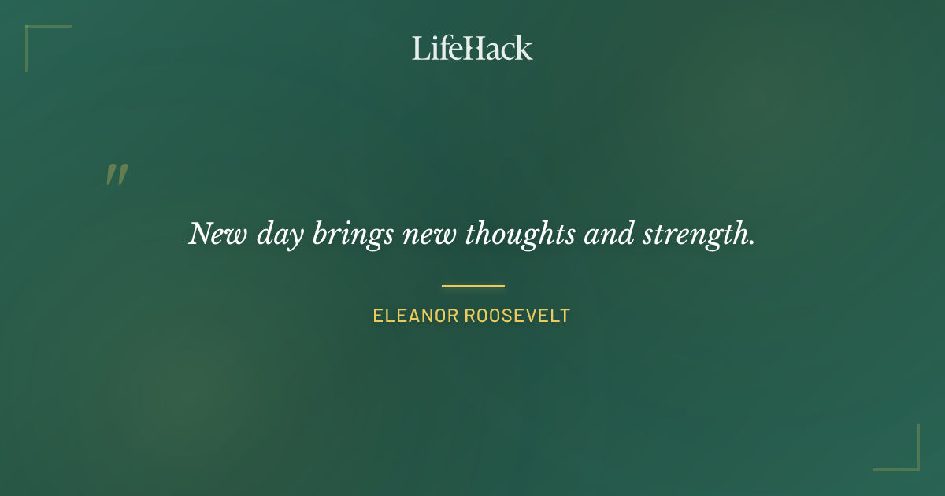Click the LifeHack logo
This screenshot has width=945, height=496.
[x=472, y=48]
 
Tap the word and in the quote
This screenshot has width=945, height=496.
[x=609, y=234]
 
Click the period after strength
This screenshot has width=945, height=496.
[x=751, y=242]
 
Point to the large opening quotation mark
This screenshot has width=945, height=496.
[x=117, y=175]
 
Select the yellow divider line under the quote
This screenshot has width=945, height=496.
[x=472, y=286]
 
